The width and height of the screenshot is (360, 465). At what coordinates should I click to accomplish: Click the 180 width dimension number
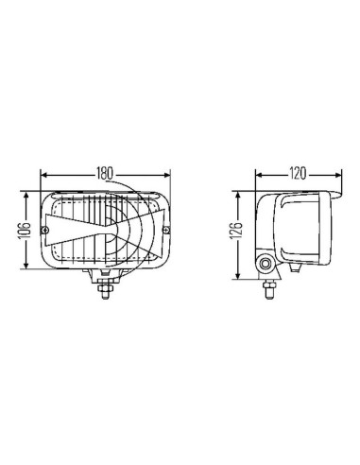click(104, 174)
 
